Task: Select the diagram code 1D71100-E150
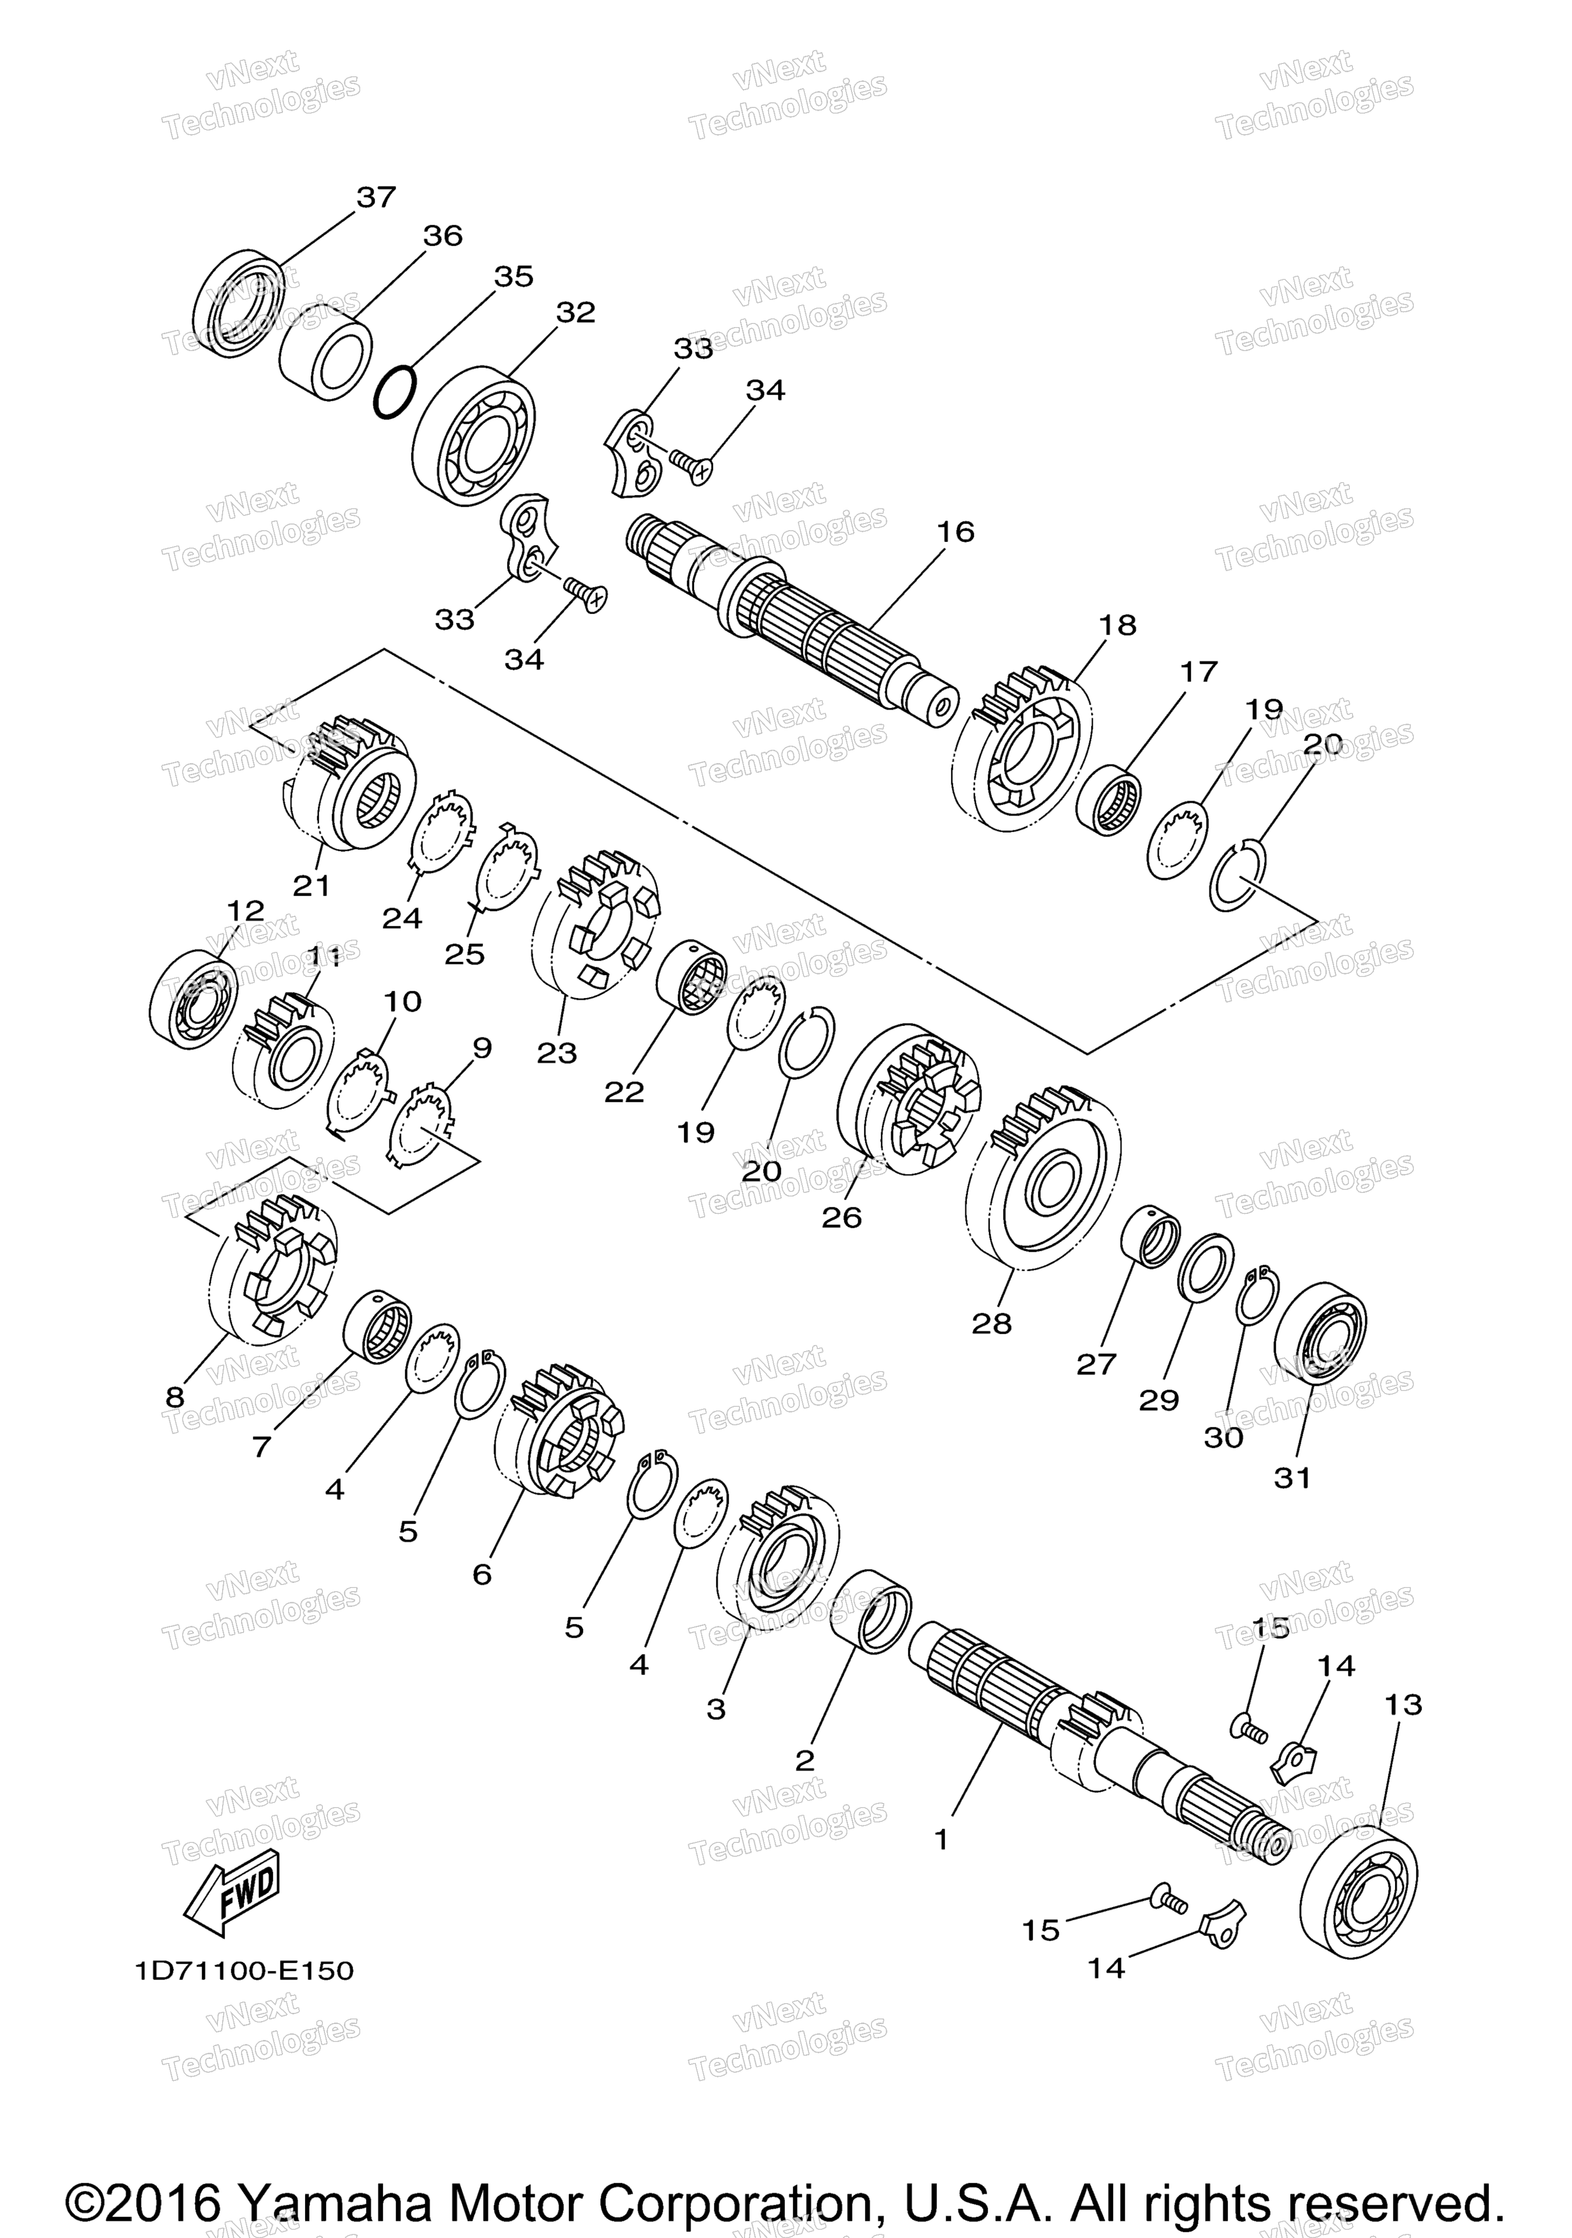(245, 1971)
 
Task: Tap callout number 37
(376, 197)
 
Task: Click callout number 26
(842, 1218)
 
